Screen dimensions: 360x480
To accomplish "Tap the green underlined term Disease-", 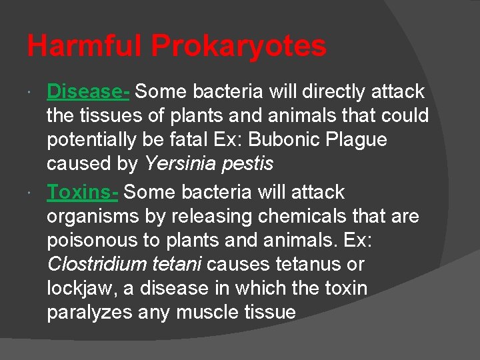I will (x=88, y=91).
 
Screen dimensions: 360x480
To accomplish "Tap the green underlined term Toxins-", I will (x=83, y=192).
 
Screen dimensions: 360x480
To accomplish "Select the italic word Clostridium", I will (x=91, y=264).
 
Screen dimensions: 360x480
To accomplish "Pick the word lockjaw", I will (x=76, y=289).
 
